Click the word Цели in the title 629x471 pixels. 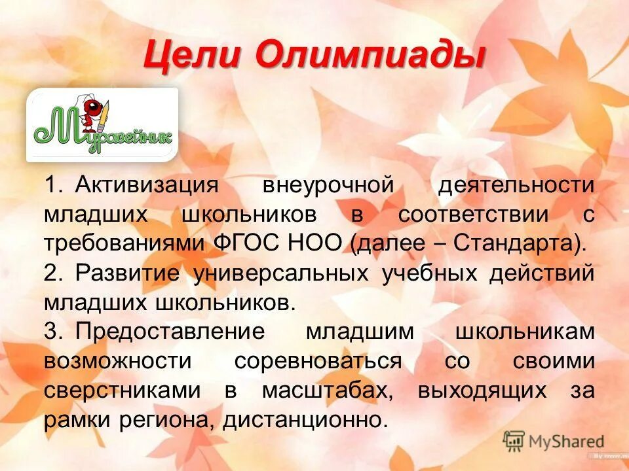click(191, 54)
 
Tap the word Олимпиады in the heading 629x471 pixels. click(370, 54)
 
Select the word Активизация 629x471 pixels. click(145, 184)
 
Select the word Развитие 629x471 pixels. click(126, 273)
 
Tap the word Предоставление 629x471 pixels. click(170, 331)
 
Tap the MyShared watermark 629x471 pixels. click(554, 441)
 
